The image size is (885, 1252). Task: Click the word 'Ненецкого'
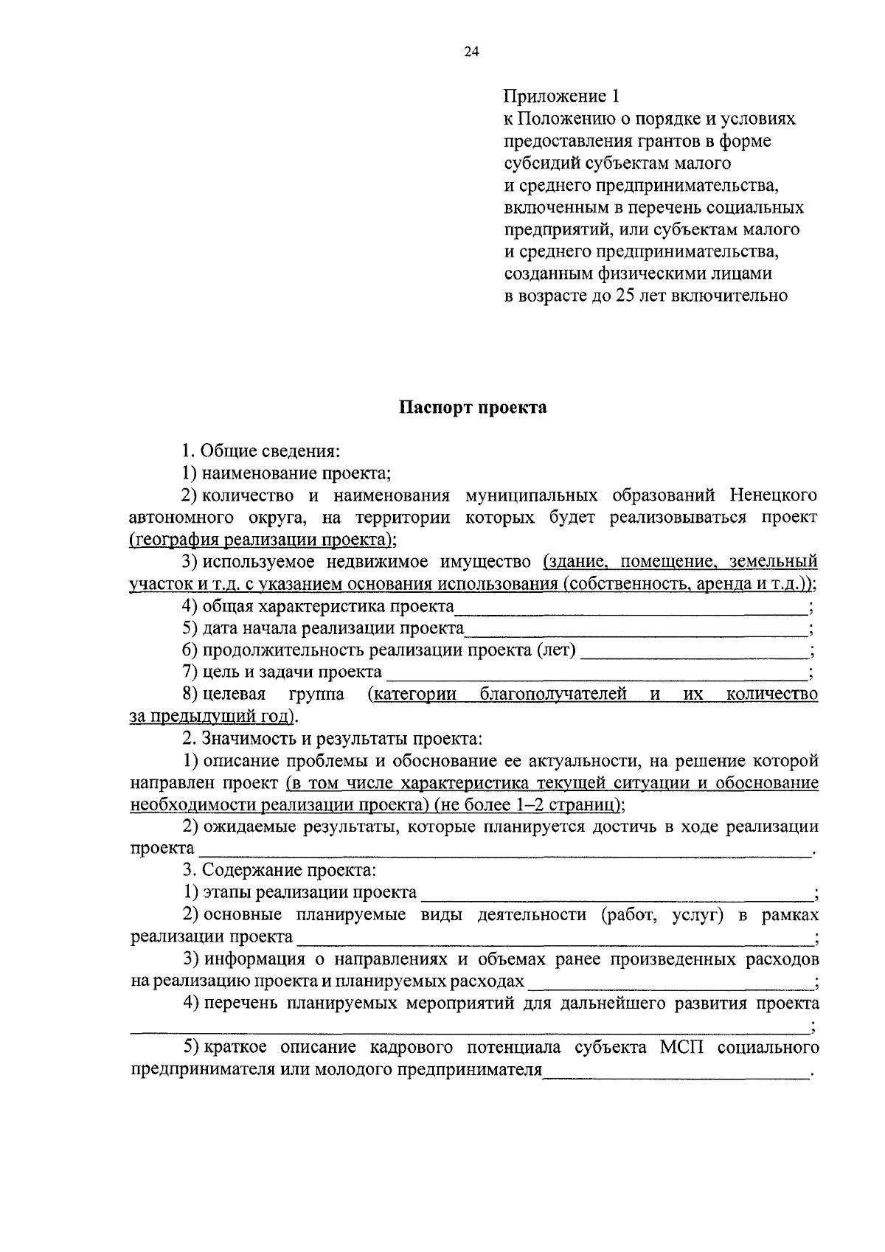[x=774, y=495]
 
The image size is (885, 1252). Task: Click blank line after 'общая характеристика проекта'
[x=631, y=609]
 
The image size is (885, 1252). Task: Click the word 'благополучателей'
[x=553, y=695]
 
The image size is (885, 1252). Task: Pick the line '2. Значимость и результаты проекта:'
[x=333, y=738]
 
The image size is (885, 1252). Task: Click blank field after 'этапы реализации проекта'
[x=616, y=895]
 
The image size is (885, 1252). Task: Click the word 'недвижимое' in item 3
[x=359, y=563]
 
